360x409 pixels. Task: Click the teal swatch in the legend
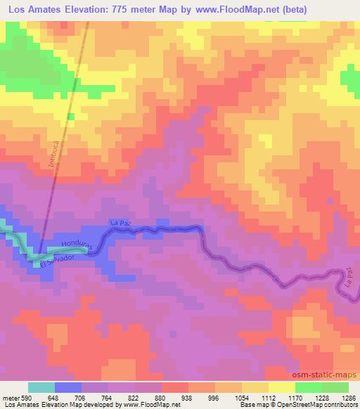[41, 387]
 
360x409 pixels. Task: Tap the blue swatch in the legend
[67, 387]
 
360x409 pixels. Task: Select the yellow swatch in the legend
[282, 387]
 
